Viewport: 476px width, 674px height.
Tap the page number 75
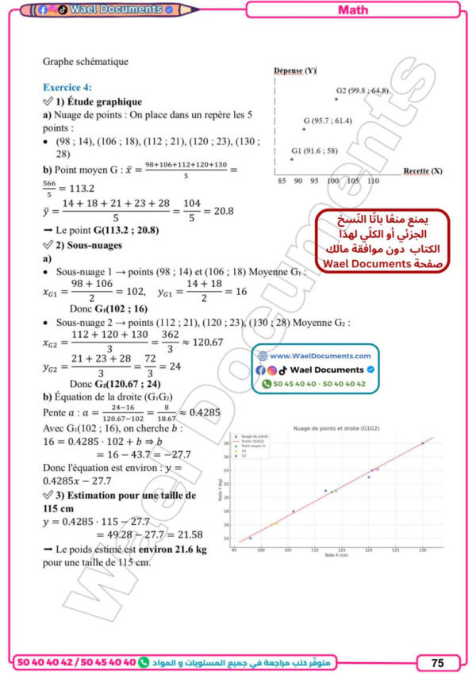pyautogui.click(x=437, y=662)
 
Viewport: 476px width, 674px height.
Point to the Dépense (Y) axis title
pyautogui.click(x=295, y=71)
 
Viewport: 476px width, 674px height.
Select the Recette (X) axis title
pyautogui.click(x=423, y=170)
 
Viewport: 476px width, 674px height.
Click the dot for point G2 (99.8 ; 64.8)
pyautogui.click(x=336, y=98)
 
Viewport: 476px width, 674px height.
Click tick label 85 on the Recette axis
pyautogui.click(x=282, y=182)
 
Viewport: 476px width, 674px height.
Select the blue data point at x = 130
pyautogui.click(x=422, y=443)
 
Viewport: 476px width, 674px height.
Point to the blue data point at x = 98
pyautogui.click(x=250, y=538)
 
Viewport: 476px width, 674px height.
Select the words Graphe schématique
pyautogui.click(x=86, y=61)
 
